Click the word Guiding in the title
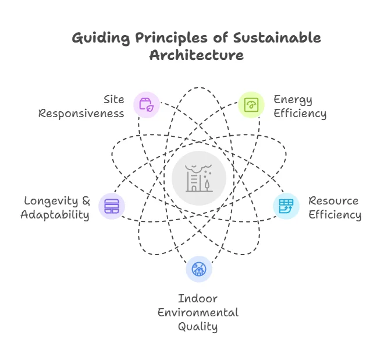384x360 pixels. click(101, 39)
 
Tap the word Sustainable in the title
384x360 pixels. click(277, 38)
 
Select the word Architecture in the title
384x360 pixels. click(197, 55)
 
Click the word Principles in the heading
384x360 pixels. click(172, 39)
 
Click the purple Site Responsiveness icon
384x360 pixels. click(147, 105)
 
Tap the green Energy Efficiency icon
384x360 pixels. click(251, 105)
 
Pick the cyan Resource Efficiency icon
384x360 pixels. click(286, 206)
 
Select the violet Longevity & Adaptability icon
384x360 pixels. click(112, 206)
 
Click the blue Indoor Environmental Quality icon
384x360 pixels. click(199, 269)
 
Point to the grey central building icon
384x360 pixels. click(199, 178)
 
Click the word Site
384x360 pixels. click(113, 100)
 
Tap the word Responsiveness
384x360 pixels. click(81, 114)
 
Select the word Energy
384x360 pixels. click(293, 100)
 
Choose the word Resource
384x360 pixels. click(333, 201)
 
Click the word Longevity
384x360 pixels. click(51, 202)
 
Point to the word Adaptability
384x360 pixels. click(55, 216)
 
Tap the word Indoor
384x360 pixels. click(198, 299)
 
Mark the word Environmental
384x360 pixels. click(198, 313)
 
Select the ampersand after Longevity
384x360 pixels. click(86, 201)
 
